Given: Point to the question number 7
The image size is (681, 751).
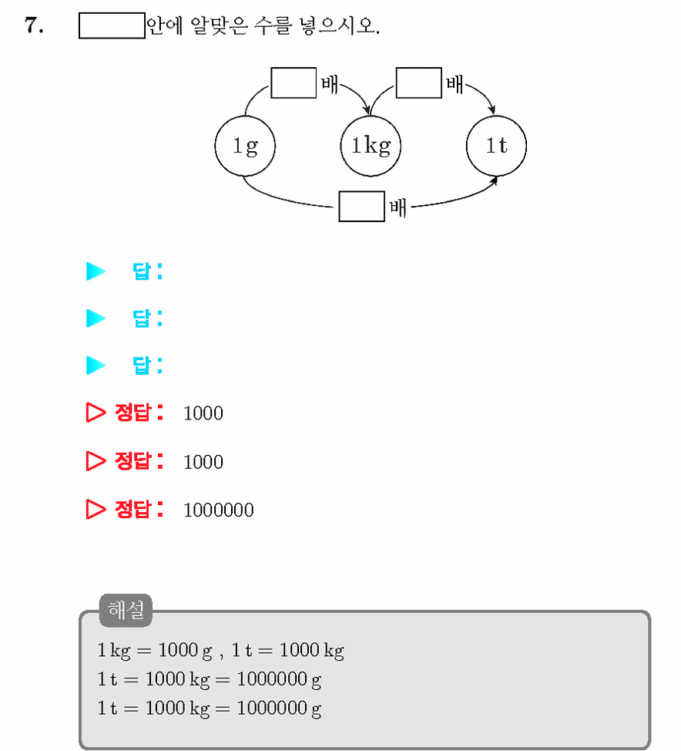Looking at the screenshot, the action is pyautogui.click(x=34, y=25).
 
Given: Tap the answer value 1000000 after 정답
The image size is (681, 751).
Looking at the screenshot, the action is pyautogui.click(x=219, y=510).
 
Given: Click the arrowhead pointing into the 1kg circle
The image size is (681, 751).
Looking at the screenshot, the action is pyautogui.click(x=367, y=110).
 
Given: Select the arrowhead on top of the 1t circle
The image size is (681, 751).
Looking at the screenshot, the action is pyautogui.click(x=492, y=109).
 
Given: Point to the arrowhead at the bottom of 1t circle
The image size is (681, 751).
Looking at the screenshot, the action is pyautogui.click(x=494, y=181).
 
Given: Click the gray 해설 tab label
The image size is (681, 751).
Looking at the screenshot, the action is pyautogui.click(x=126, y=610).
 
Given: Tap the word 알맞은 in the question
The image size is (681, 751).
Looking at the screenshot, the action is pyautogui.click(x=220, y=26).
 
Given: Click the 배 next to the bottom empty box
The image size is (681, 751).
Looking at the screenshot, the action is pyautogui.click(x=398, y=208).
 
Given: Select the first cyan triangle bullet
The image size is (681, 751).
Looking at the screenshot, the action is pyautogui.click(x=96, y=271).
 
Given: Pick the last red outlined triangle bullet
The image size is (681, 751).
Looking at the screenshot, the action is pyautogui.click(x=96, y=509).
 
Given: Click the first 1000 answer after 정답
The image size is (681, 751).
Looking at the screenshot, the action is pyautogui.click(x=203, y=413).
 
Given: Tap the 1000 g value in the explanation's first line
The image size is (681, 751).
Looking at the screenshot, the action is pyautogui.click(x=185, y=651).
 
